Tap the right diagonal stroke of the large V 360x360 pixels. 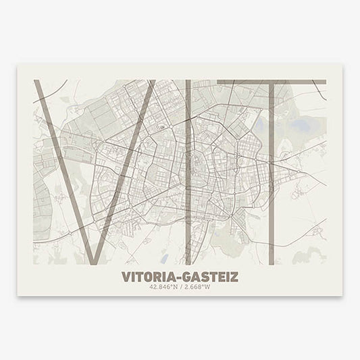[x=128, y=169]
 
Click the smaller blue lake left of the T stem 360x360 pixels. [x=260, y=124]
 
